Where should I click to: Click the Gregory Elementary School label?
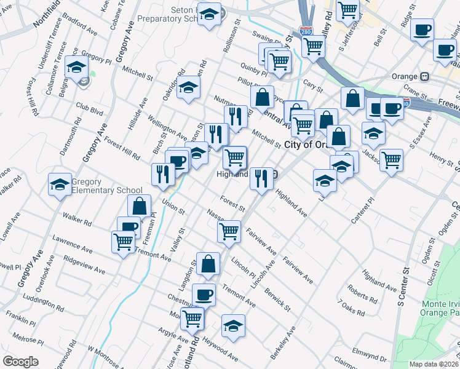[107, 186]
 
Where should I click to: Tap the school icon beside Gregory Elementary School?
[60, 184]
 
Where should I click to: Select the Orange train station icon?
[424, 77]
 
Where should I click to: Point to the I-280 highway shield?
[306, 30]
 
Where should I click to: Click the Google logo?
[20, 361]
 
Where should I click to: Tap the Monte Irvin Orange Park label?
[441, 307]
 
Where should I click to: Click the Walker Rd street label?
[77, 218]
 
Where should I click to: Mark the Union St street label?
[173, 206]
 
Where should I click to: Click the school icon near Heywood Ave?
[233, 326]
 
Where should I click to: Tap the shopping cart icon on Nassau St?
[229, 232]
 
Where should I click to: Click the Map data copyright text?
[434, 364]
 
